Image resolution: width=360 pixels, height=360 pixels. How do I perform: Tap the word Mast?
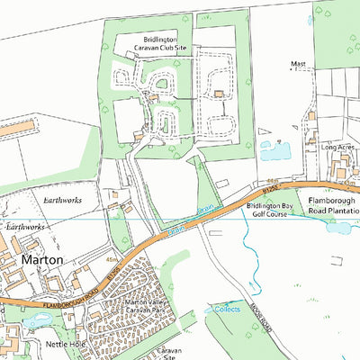(299, 65)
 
